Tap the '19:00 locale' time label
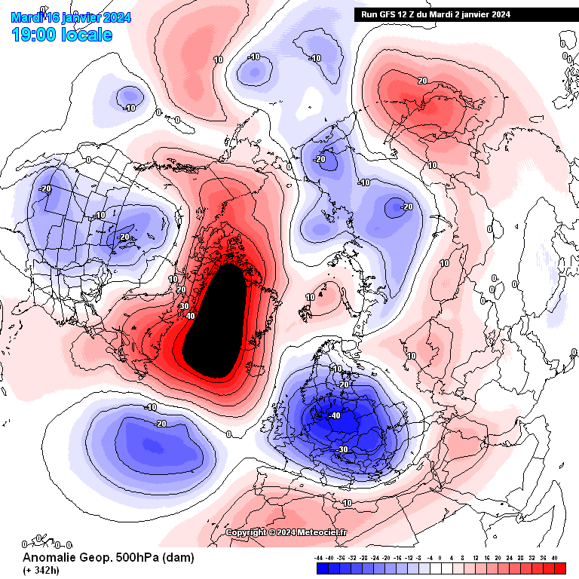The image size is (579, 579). point(62,34)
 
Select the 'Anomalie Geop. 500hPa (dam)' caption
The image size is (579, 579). point(108,558)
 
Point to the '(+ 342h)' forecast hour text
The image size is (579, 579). point(42,570)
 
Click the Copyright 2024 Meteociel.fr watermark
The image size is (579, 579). point(286,532)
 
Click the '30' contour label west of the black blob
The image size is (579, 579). point(184,306)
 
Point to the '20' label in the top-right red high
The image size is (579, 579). point(422,81)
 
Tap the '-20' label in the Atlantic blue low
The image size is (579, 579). point(160,424)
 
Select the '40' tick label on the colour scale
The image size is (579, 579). point(555,559)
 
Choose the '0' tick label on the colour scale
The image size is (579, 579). point(441,559)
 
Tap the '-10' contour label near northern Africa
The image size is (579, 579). point(346,503)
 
